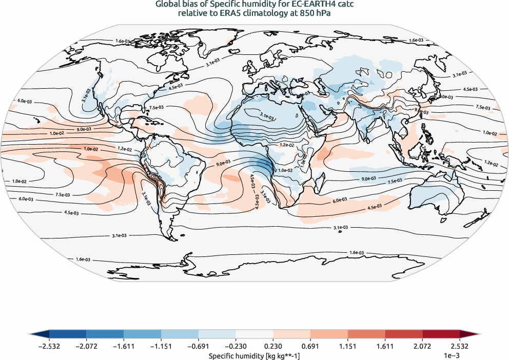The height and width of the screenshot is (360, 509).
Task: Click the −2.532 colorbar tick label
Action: [x=49, y=347]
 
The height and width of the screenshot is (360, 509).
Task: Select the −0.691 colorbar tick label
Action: [x=198, y=347]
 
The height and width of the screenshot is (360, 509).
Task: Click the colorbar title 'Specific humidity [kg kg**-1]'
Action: [x=254, y=355]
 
